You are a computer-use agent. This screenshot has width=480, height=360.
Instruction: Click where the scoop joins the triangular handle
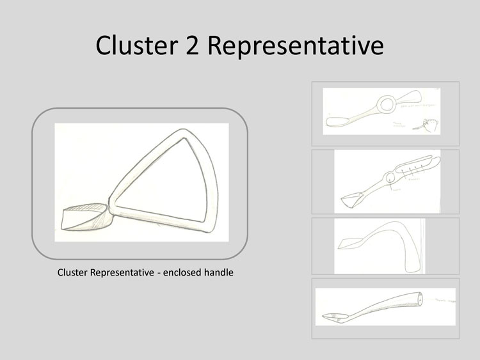[x=110, y=208]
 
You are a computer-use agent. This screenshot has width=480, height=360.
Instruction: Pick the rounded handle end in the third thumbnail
[x=410, y=260]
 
